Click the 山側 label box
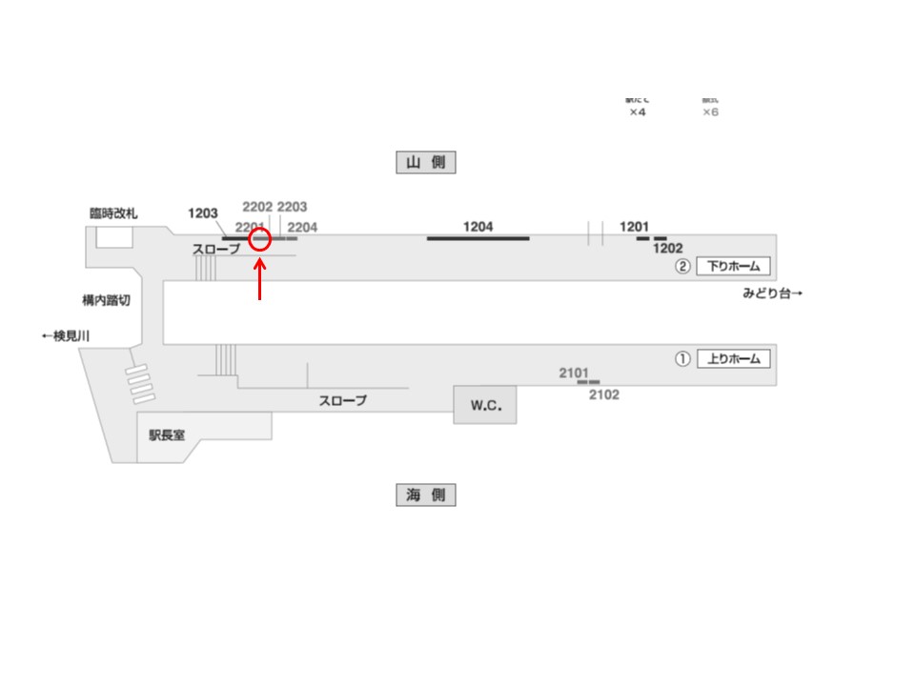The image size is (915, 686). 426,163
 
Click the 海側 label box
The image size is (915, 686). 426,495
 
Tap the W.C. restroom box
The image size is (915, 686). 485,406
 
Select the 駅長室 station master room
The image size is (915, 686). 167,434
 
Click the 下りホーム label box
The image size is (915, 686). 733,267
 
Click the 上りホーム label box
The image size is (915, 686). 733,359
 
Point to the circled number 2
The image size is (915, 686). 682,267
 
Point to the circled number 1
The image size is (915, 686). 682,359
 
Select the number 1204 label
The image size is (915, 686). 478,226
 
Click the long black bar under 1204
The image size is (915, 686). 478,238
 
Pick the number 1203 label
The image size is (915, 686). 203,213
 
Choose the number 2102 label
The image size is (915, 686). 604,394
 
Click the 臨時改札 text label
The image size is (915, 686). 113,213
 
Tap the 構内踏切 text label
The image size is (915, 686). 106,300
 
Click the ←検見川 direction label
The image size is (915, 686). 65,335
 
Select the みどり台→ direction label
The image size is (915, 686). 772,293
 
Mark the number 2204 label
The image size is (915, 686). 302,227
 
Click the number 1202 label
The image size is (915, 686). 668,249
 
